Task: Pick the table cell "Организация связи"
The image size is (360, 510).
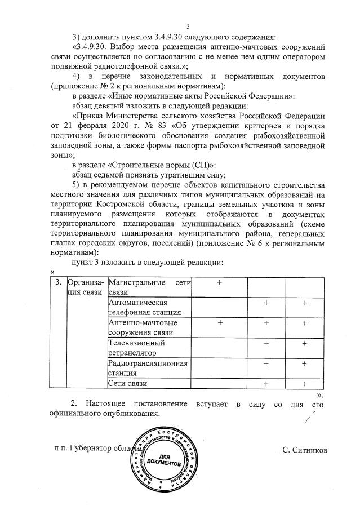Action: point(86,287)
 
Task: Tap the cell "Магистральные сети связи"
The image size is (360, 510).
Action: point(149,287)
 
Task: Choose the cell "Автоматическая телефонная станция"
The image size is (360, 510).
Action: point(149,308)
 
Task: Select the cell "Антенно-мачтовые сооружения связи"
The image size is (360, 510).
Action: point(149,327)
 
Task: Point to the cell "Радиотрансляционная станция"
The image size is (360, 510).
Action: point(149,368)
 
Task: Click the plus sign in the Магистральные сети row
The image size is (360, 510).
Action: point(220,283)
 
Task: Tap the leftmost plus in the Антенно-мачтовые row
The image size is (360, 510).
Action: point(220,323)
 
